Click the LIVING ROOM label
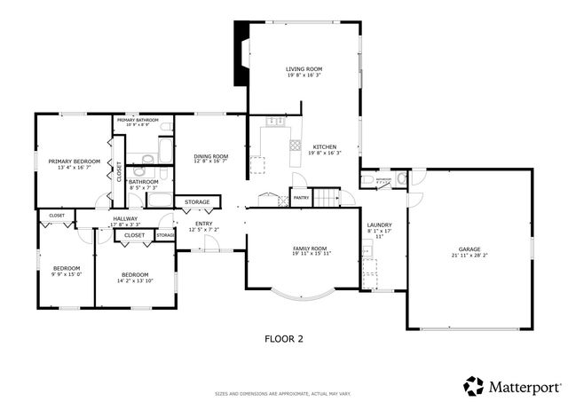pyautogui.click(x=304, y=68)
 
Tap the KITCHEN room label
pyautogui.click(x=324, y=146)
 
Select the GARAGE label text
pyautogui.click(x=469, y=249)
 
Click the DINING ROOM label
pyautogui.click(x=211, y=156)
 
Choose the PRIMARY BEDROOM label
pyautogui.click(x=74, y=161)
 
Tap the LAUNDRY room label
pyautogui.click(x=379, y=225)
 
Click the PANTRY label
pyautogui.click(x=301, y=198)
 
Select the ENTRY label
pyautogui.click(x=204, y=224)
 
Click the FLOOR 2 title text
pyautogui.click(x=284, y=338)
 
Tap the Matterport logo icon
pyautogui.click(x=474, y=386)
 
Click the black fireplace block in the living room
pyautogui.click(x=241, y=53)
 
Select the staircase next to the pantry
pyautogui.click(x=328, y=196)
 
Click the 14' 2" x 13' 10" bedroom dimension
pyautogui.click(x=135, y=280)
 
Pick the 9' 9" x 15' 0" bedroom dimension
pyautogui.click(x=67, y=274)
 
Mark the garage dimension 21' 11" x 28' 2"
pyautogui.click(x=469, y=256)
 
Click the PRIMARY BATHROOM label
pyautogui.click(x=137, y=120)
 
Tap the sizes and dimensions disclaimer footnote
pyautogui.click(x=284, y=393)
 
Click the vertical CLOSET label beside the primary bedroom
pyautogui.click(x=120, y=170)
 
